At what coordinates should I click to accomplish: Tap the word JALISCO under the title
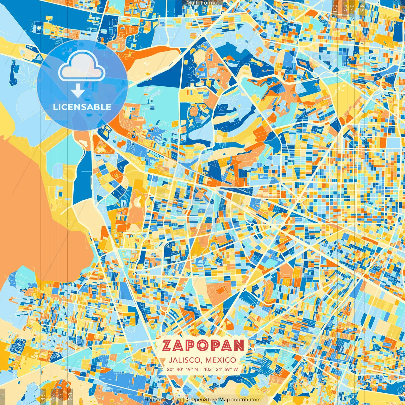(x=185, y=360)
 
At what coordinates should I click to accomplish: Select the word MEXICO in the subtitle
(x=221, y=360)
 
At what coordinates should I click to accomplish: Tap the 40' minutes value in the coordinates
(x=180, y=369)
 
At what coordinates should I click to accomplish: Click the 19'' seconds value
(x=189, y=369)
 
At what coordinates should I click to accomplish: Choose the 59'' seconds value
(x=229, y=369)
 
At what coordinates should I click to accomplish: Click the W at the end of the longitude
(x=236, y=369)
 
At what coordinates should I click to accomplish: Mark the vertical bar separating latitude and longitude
(x=201, y=369)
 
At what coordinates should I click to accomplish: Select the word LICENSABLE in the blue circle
(x=82, y=107)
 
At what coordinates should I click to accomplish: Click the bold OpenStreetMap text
(x=210, y=400)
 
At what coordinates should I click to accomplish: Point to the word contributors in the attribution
(x=246, y=400)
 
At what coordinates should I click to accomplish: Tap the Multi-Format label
(x=202, y=3)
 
